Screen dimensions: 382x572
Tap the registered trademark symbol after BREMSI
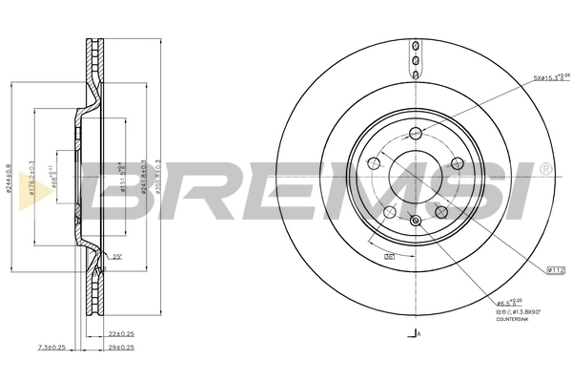545,169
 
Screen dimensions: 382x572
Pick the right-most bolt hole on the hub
457,163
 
